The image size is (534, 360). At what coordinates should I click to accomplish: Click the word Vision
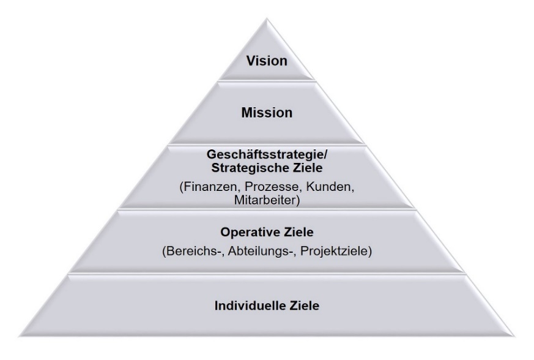267,61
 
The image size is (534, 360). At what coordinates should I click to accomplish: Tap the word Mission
267,113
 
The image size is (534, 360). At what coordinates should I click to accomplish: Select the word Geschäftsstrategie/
267,155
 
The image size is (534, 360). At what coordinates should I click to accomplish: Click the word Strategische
249,168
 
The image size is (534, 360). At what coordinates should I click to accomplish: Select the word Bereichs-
193,251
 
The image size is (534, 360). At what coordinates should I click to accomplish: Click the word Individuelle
250,306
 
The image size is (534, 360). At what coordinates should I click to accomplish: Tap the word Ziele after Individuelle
305,306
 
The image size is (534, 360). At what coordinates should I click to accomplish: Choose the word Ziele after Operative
299,232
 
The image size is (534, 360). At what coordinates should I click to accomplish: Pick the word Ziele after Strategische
307,168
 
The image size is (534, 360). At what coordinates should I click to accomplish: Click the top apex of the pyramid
267,19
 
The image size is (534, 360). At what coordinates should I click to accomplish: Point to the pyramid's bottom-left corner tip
20,336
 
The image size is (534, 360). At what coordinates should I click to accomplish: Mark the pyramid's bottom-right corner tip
514,336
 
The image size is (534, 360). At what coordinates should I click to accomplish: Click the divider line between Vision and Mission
267,80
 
